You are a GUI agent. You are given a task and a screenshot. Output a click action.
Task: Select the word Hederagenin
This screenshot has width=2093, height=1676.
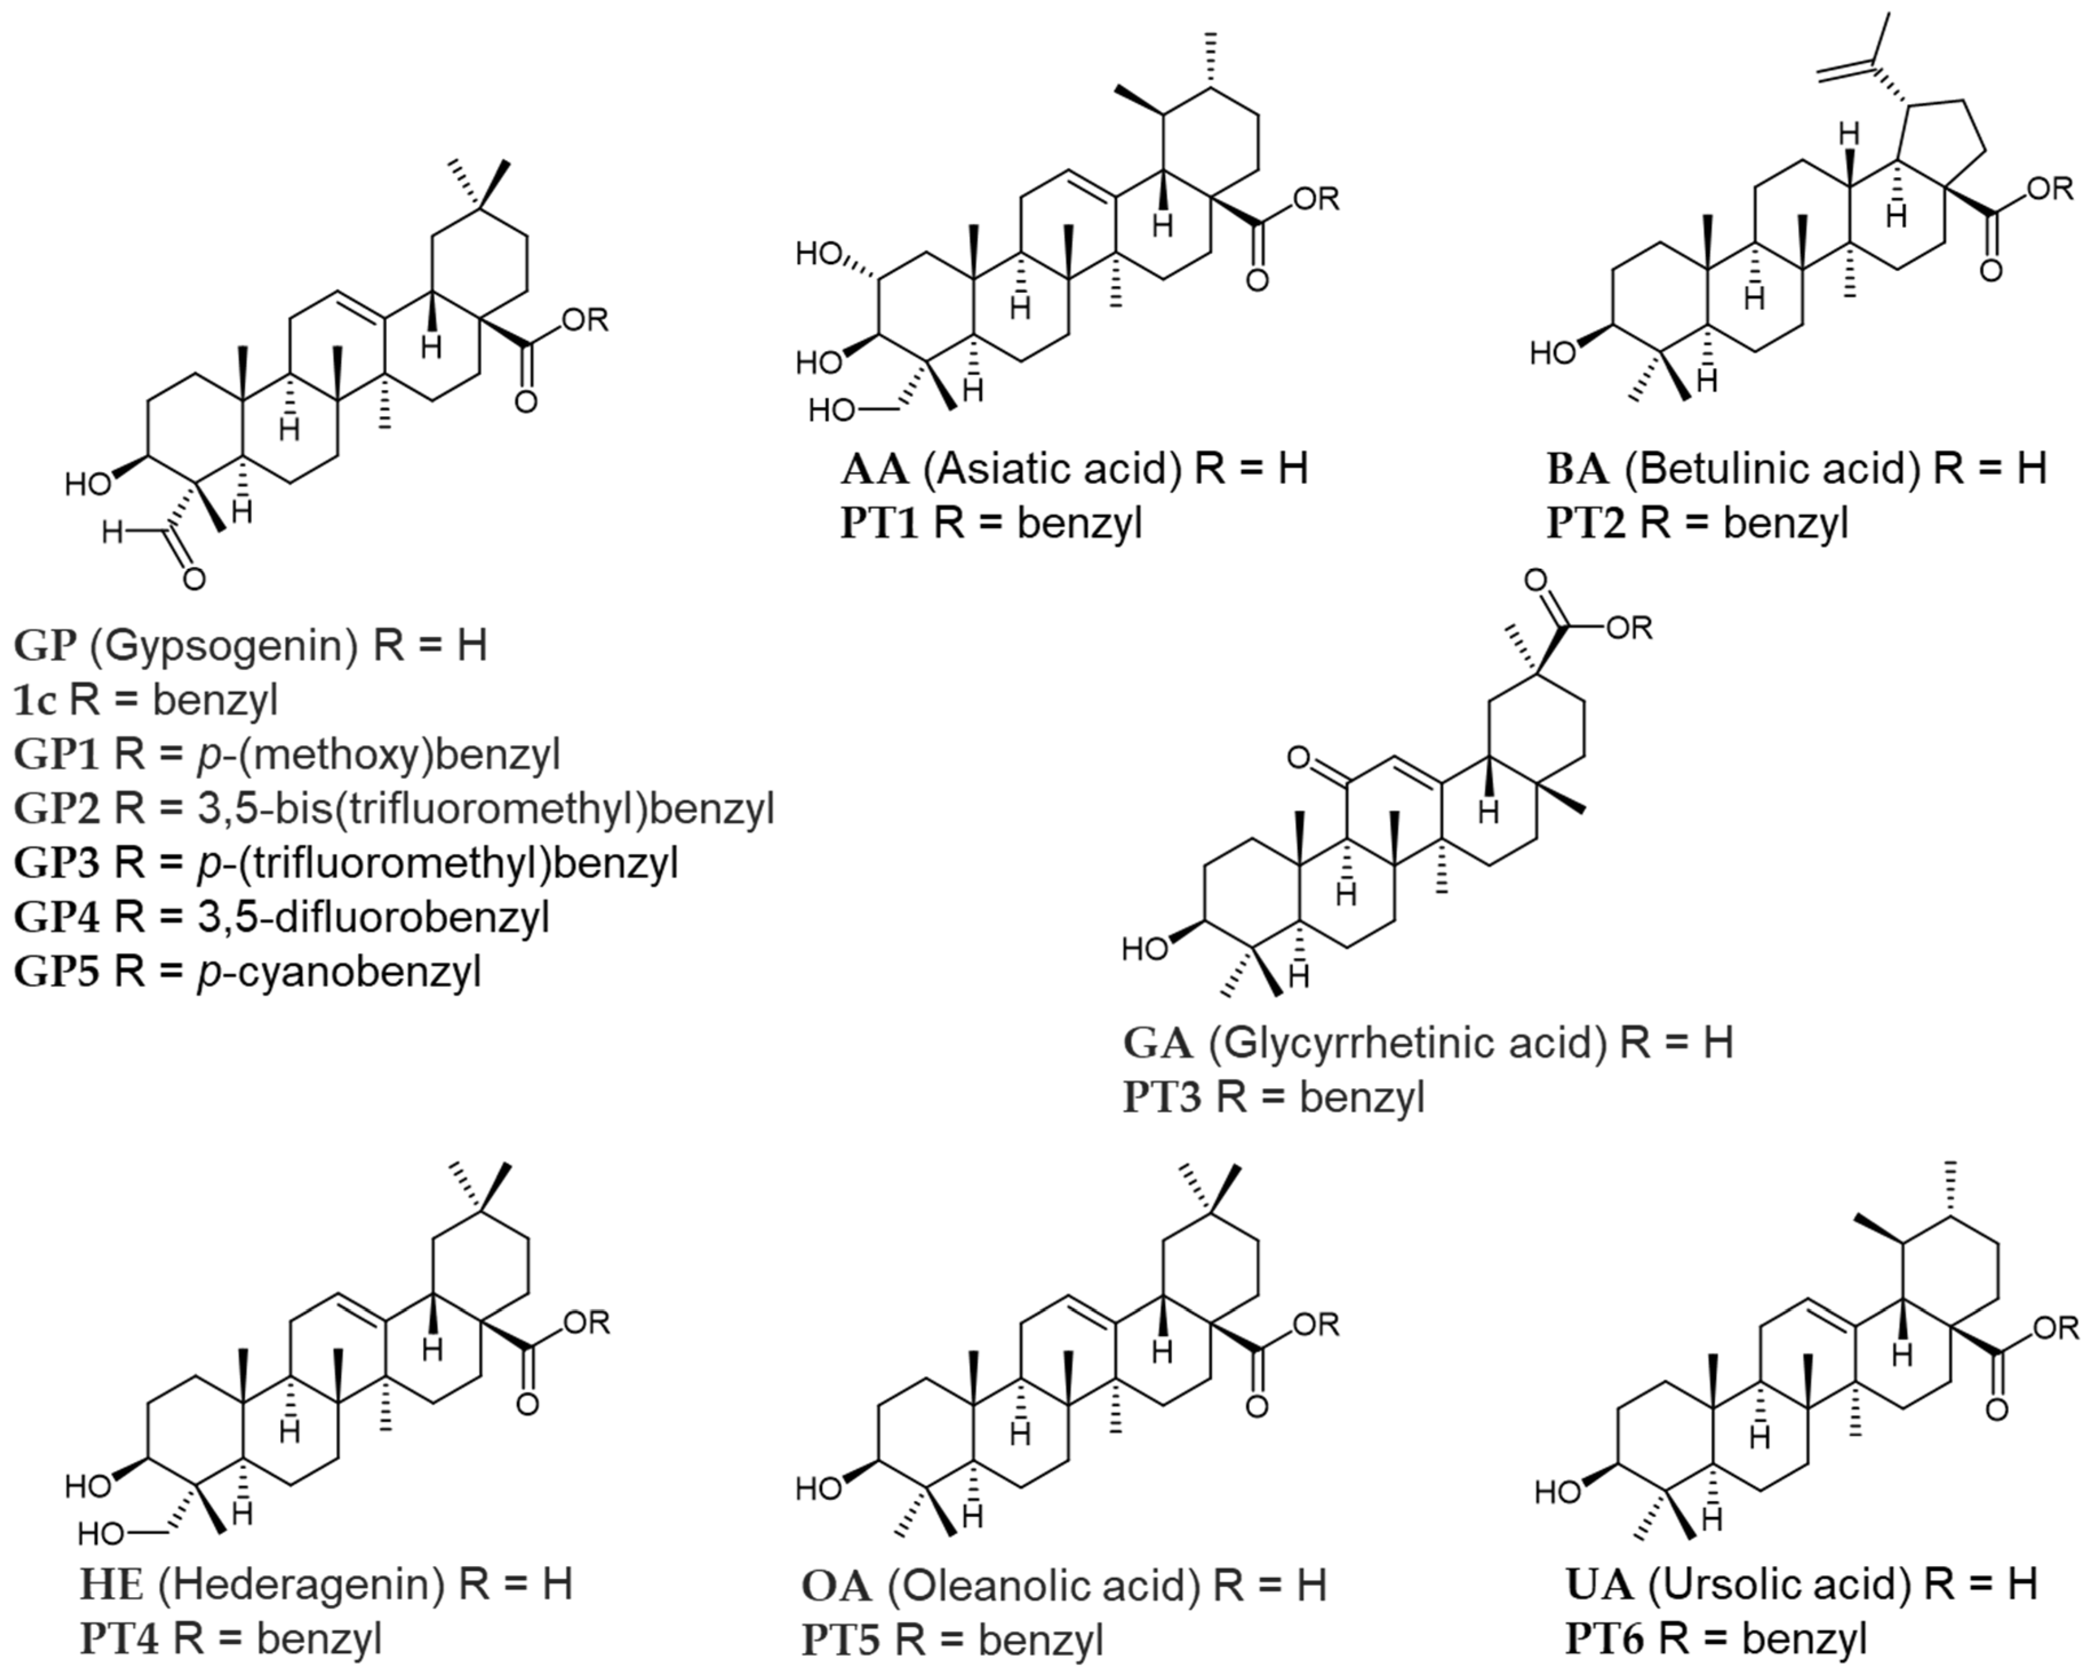click(301, 1585)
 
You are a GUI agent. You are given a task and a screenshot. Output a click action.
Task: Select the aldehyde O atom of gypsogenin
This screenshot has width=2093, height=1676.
click(194, 580)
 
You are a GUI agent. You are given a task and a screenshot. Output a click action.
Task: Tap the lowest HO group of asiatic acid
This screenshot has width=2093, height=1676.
click(833, 412)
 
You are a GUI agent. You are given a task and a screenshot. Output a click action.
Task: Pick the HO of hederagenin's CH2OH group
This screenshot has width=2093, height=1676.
click(101, 1534)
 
